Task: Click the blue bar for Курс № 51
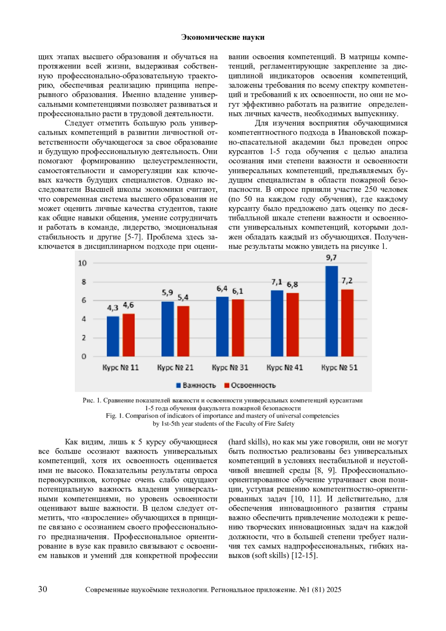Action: (x=332, y=311)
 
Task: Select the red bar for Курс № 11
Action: (x=129, y=335)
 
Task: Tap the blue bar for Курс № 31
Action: (x=222, y=326)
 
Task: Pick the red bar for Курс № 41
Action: (x=293, y=324)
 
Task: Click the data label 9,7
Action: (x=331, y=258)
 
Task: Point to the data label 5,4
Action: (x=183, y=297)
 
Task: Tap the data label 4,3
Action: (x=113, y=308)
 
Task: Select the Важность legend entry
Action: (x=196, y=385)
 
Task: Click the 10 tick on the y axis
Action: (x=82, y=263)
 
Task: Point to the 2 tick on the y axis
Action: (x=84, y=338)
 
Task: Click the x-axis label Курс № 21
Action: (x=175, y=367)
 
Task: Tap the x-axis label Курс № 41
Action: (x=285, y=367)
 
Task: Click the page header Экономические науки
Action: (x=223, y=37)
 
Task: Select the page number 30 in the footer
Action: (x=43, y=589)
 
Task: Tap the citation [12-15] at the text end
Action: (x=304, y=556)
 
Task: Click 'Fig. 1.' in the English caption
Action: (x=114, y=416)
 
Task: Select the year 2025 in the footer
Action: (x=334, y=590)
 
